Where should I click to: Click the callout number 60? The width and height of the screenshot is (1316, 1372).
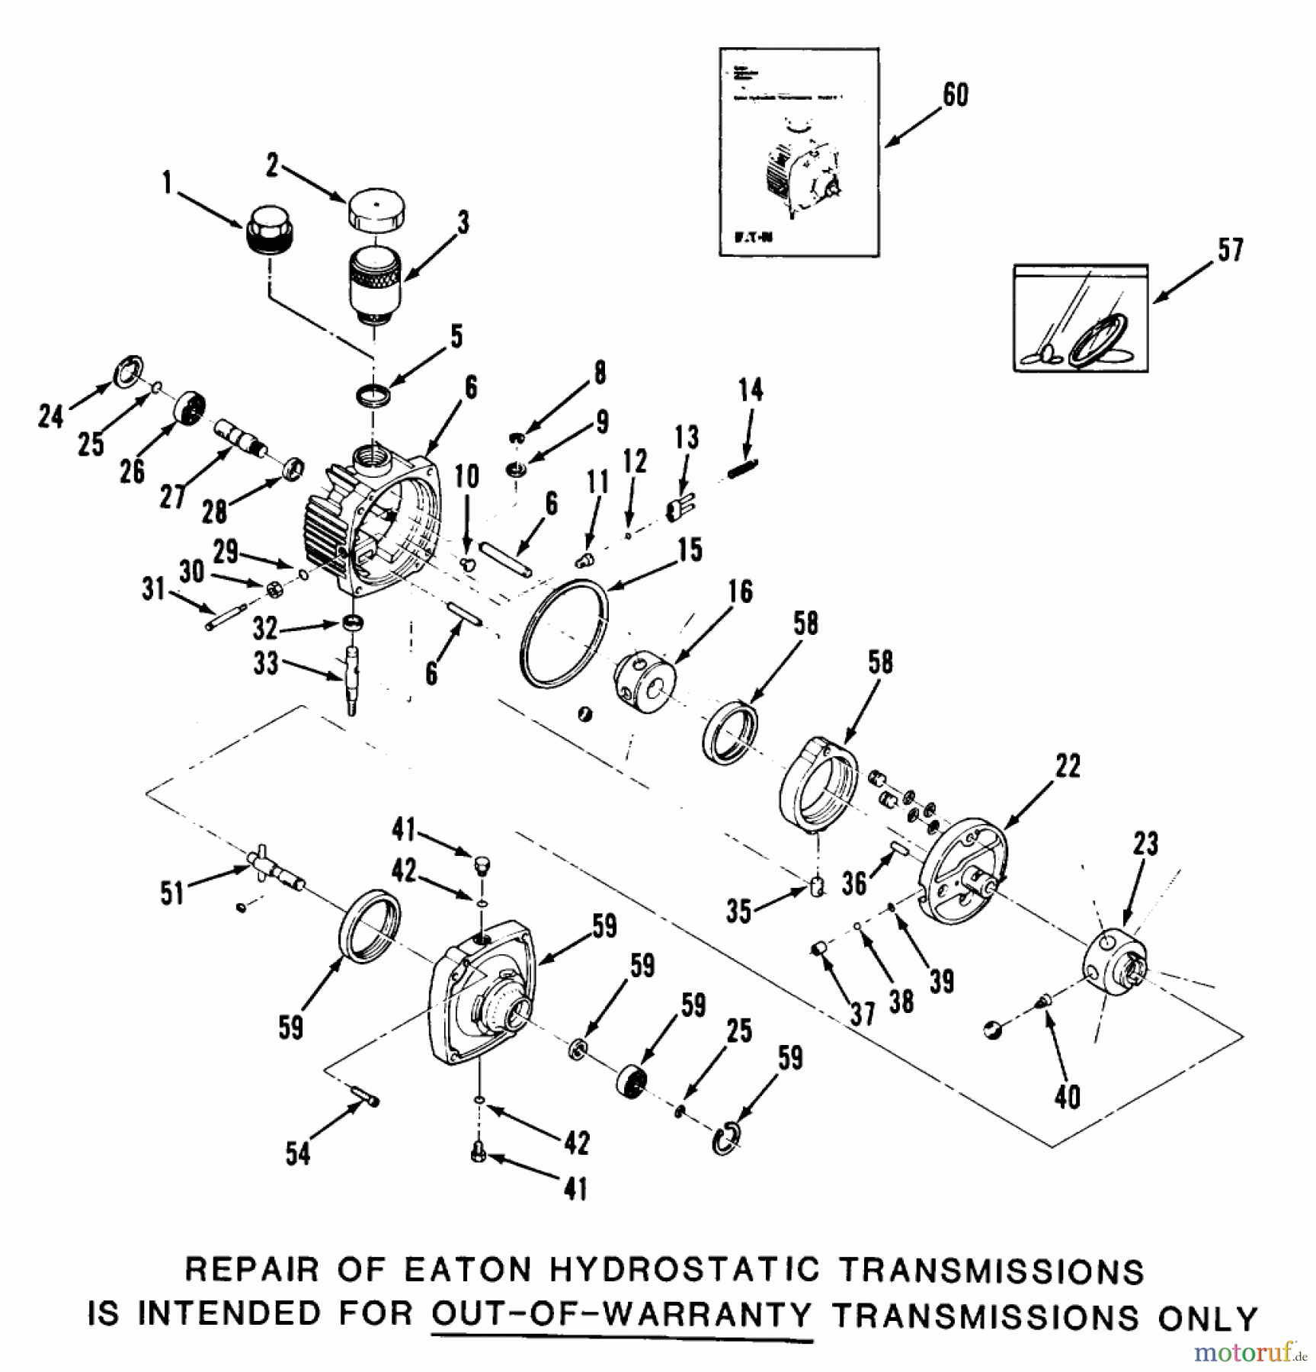pyautogui.click(x=956, y=95)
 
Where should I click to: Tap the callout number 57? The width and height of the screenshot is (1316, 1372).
pyautogui.click(x=1230, y=250)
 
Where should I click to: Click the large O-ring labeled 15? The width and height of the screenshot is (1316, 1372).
pyautogui.click(x=565, y=633)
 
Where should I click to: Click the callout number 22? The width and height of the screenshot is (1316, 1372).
pyautogui.click(x=1068, y=766)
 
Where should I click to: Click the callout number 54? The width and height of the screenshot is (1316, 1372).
pyautogui.click(x=297, y=1153)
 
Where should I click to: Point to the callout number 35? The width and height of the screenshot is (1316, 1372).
pyautogui.click(x=738, y=912)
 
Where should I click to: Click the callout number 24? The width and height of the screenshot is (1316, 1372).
pyautogui.click(x=51, y=416)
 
